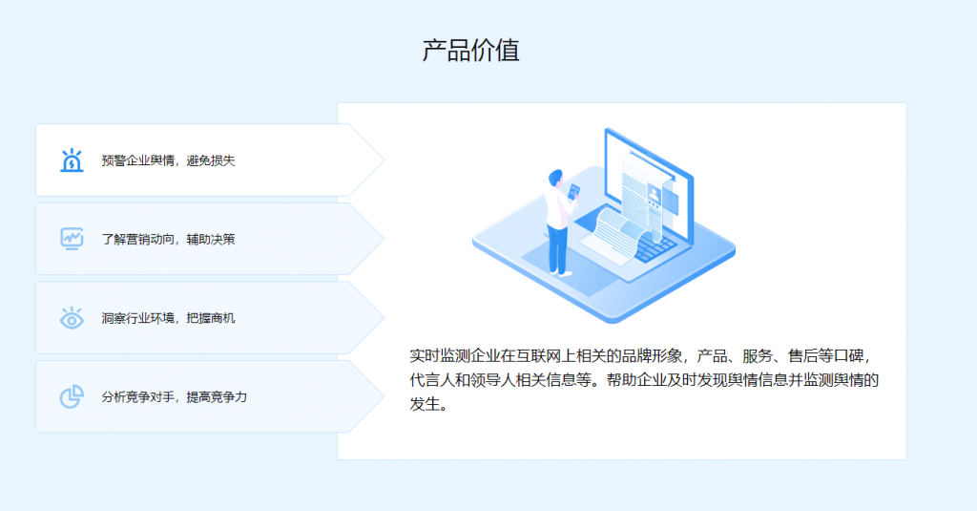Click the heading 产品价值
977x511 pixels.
pos(471,51)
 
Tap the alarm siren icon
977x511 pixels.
pos(72,160)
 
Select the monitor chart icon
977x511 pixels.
pos(72,239)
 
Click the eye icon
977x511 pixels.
pos(72,318)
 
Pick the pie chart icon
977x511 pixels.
pos(72,396)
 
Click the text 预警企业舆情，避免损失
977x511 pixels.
pos(168,161)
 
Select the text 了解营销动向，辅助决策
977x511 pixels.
pos(168,240)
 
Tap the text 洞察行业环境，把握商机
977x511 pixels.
pos(168,318)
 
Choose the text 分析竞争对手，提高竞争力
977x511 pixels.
pos(175,396)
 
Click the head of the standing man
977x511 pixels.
pos(556,178)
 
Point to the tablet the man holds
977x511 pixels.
pos(573,192)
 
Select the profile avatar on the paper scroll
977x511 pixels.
pos(654,194)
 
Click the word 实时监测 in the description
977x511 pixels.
pos(440,356)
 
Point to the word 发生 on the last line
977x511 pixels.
pos(425,404)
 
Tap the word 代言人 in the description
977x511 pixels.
pos(432,380)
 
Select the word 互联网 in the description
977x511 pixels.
pos(539,356)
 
